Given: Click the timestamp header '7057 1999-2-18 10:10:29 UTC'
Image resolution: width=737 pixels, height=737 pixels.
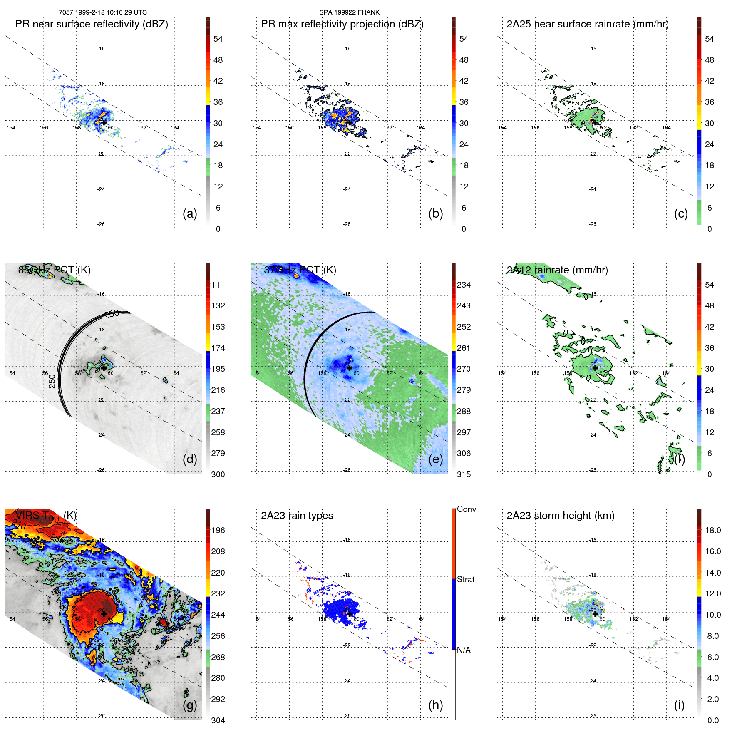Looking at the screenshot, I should [103, 12].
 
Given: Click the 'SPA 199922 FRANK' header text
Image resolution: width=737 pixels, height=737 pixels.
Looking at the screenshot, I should [349, 12].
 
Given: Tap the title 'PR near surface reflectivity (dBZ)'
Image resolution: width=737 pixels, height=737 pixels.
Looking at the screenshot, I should [92, 24].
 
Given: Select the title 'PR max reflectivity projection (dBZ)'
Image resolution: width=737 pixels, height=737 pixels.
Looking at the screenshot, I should [342, 24].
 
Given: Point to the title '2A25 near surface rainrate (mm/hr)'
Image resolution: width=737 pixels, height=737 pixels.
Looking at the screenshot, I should [587, 24].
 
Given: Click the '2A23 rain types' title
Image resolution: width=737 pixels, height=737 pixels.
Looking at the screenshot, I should [297, 516].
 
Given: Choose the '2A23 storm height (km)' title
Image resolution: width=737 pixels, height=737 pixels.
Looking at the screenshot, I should [560, 516].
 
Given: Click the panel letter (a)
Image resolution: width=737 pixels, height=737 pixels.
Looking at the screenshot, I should [190, 213].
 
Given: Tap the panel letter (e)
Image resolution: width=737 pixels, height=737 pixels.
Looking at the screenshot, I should [435, 459].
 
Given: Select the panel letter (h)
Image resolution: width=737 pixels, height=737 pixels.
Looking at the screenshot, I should [435, 705].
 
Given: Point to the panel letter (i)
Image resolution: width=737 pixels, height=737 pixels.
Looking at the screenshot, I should [679, 705].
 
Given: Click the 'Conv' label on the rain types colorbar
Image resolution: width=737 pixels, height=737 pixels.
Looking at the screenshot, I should [466, 509].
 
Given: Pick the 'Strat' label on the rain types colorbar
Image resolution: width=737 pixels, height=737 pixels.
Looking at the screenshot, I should [465, 579].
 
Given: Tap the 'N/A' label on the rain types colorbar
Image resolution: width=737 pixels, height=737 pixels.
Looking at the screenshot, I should [464, 650].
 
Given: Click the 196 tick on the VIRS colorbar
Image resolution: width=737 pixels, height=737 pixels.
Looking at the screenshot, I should [218, 530].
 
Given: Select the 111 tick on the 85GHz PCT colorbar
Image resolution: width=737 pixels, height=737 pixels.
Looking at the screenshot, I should [218, 285].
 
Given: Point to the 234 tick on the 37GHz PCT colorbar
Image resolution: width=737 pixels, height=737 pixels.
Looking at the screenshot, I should [464, 285].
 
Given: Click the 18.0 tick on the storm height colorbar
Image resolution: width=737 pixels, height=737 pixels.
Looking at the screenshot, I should [712, 530].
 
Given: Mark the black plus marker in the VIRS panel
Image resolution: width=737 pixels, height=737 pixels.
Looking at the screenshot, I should [104, 614].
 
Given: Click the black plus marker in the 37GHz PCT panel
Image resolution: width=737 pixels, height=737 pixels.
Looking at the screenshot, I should [350, 368].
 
